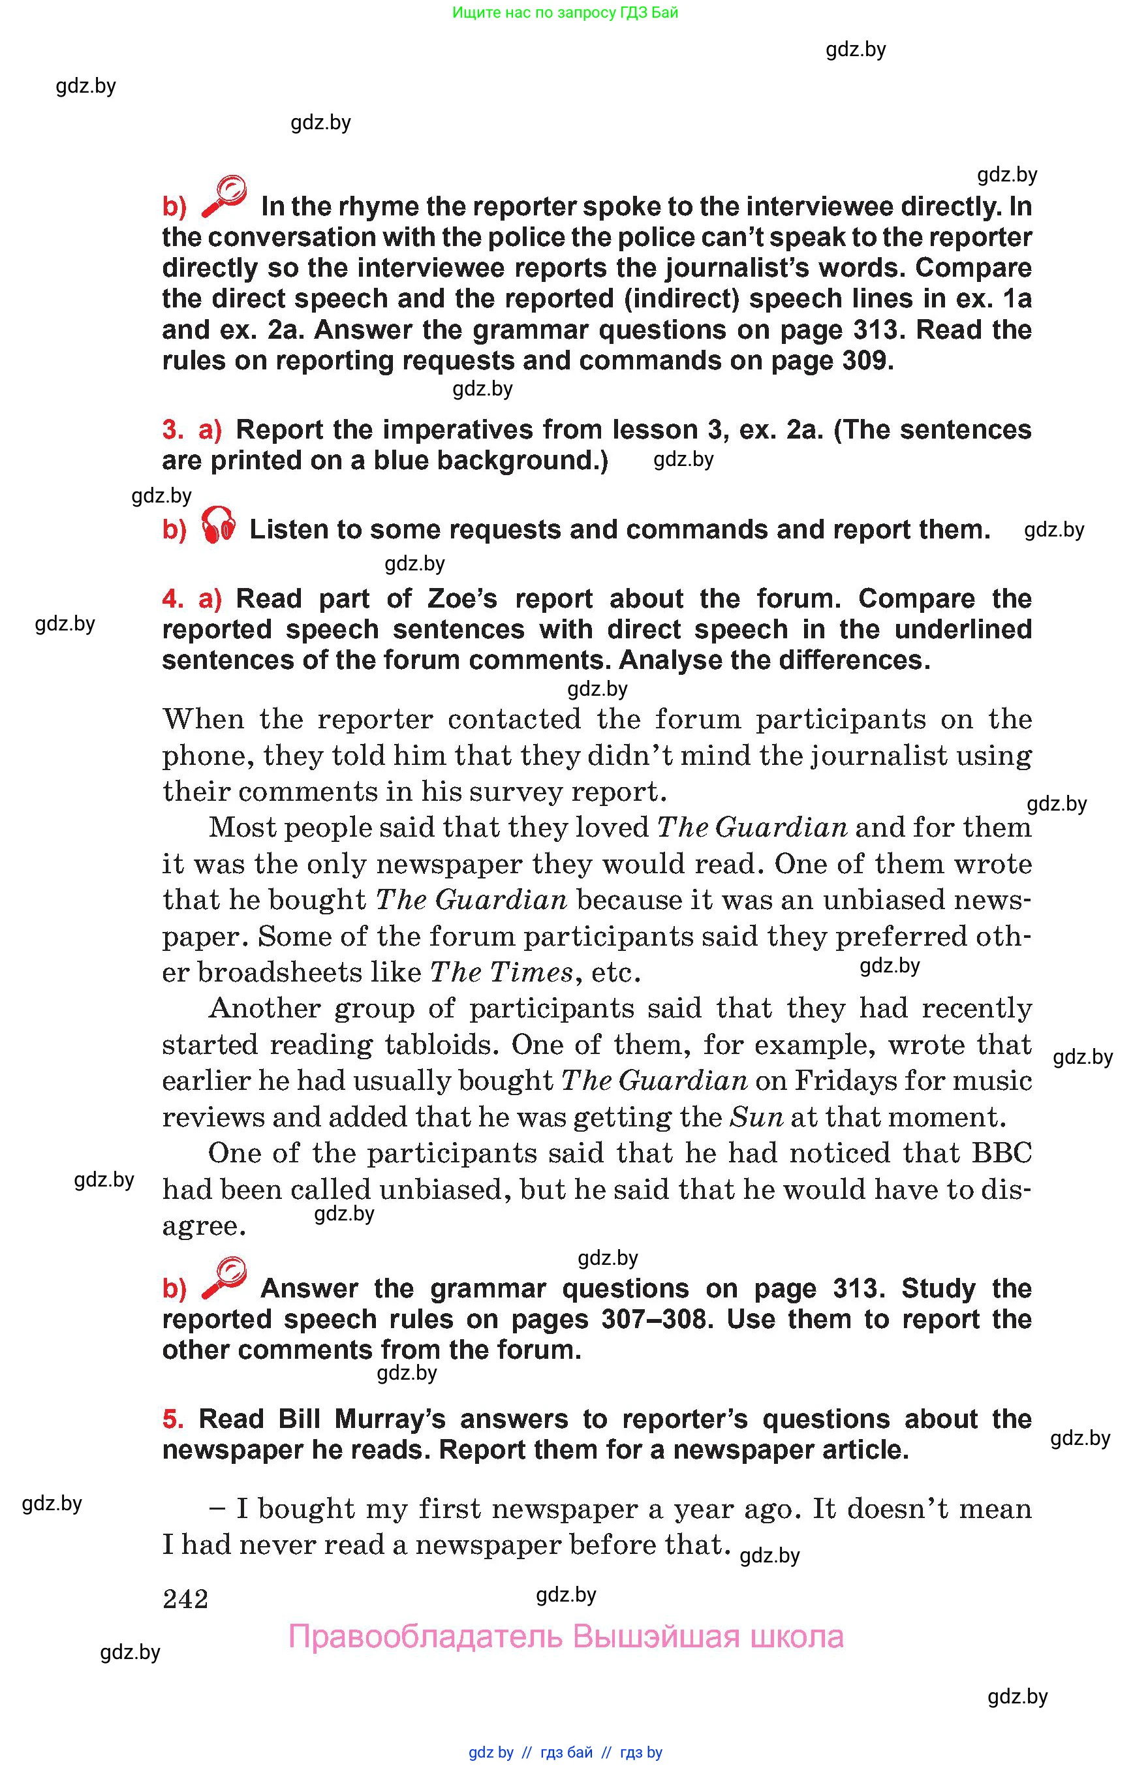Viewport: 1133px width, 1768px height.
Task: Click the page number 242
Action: tap(185, 1598)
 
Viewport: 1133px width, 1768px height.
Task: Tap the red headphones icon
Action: tap(219, 525)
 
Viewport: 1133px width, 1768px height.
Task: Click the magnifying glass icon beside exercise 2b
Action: tap(224, 196)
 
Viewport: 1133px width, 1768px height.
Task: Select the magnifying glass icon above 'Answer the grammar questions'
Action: tap(224, 1279)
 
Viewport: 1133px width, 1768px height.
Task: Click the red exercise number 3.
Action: tap(172, 429)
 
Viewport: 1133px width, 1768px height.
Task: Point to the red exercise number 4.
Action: tap(172, 599)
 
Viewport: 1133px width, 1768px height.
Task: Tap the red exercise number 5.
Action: tap(172, 1419)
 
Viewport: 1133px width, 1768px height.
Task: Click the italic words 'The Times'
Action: tap(501, 972)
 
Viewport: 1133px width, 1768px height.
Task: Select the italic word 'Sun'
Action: tap(756, 1117)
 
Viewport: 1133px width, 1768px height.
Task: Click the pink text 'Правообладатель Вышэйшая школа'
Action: tap(566, 1637)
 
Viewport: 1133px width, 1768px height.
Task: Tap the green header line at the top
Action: tap(565, 12)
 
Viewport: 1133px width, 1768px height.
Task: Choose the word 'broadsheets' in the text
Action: tap(279, 972)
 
